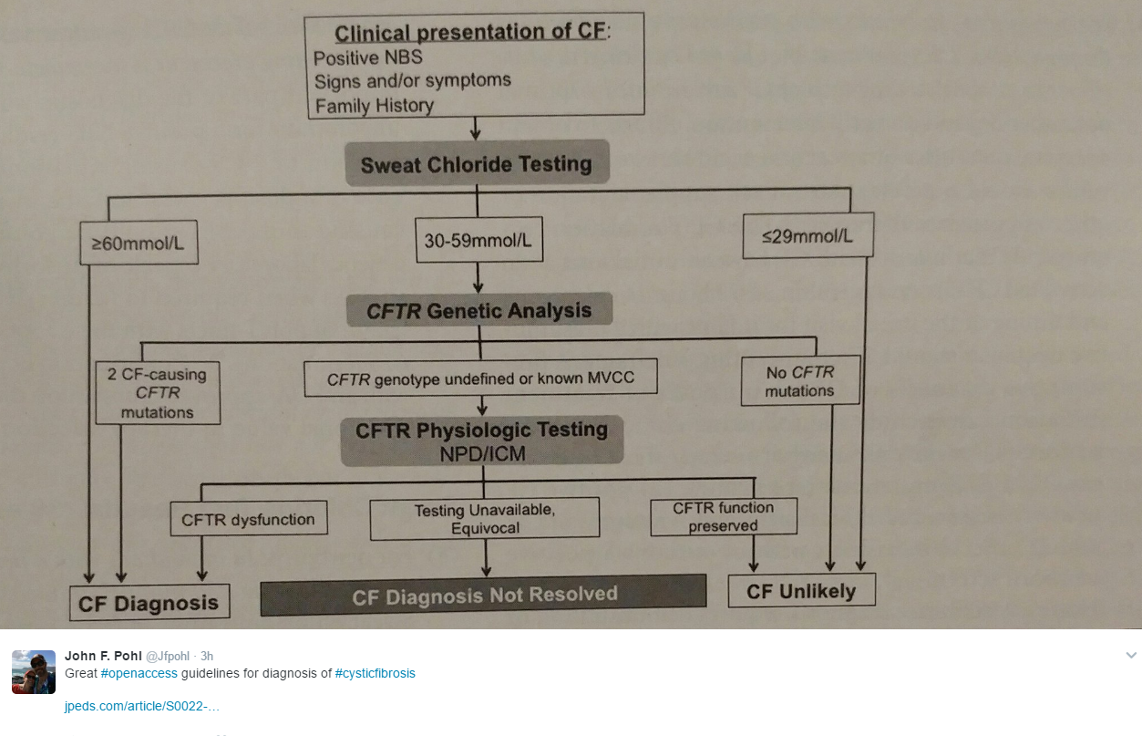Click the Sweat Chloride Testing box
(x=476, y=165)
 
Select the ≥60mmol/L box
(x=139, y=244)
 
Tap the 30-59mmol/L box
(x=478, y=241)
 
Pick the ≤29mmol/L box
(x=808, y=236)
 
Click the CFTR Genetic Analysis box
(x=478, y=311)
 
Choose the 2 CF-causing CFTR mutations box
(x=158, y=393)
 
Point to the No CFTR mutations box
(x=799, y=381)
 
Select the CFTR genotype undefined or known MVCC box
(x=480, y=378)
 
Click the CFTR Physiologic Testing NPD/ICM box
(x=481, y=441)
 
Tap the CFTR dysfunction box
(x=248, y=520)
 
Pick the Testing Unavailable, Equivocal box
(x=484, y=518)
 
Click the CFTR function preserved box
(x=724, y=516)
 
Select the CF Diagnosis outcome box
(x=149, y=603)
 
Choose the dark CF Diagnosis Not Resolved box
(x=483, y=596)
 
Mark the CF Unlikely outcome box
(x=801, y=591)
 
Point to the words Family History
(x=375, y=106)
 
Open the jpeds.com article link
(x=141, y=706)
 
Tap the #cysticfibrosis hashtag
(x=375, y=673)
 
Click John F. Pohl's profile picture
(x=34, y=672)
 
